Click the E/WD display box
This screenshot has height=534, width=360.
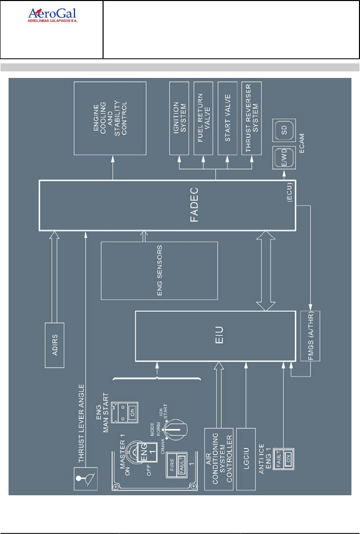point(284,157)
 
